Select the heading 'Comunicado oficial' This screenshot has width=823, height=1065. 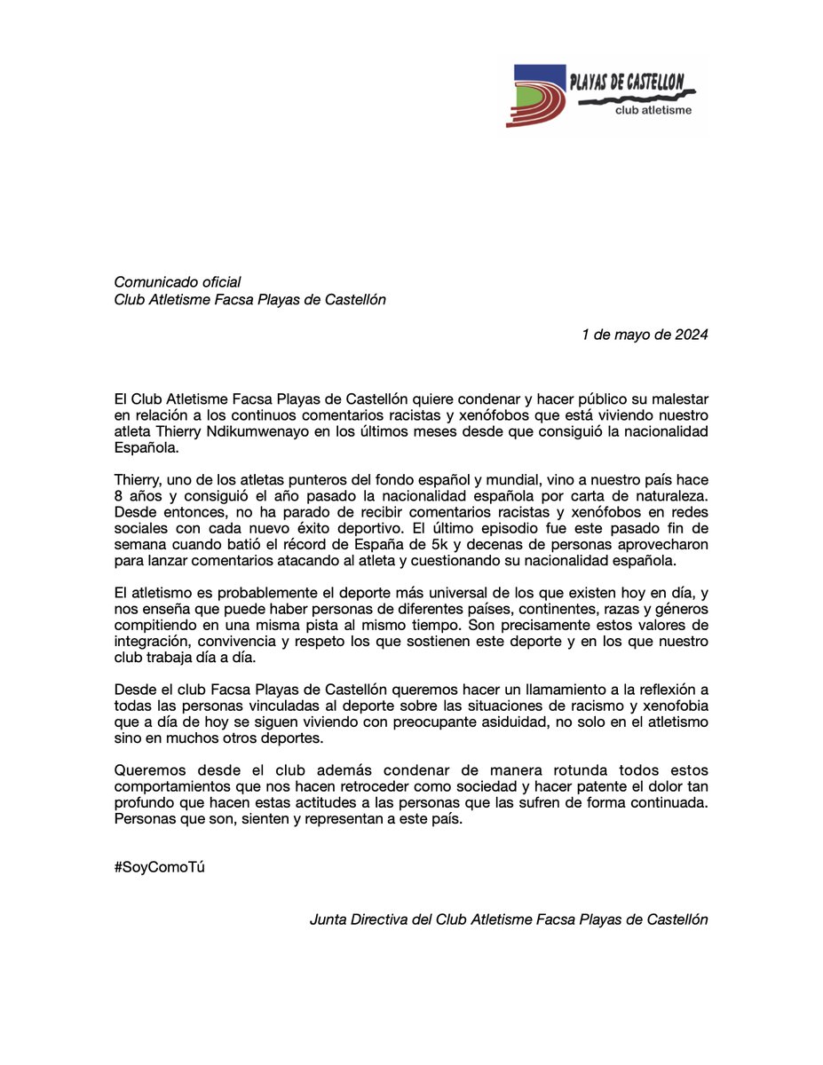[178, 282]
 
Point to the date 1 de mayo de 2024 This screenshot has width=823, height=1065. [645, 335]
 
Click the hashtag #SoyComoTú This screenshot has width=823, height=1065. [160, 868]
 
